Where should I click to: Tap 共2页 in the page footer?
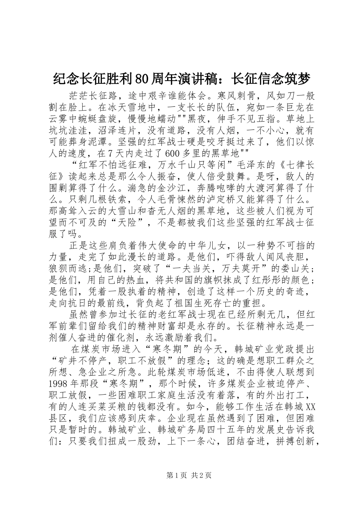coord(201,475)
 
